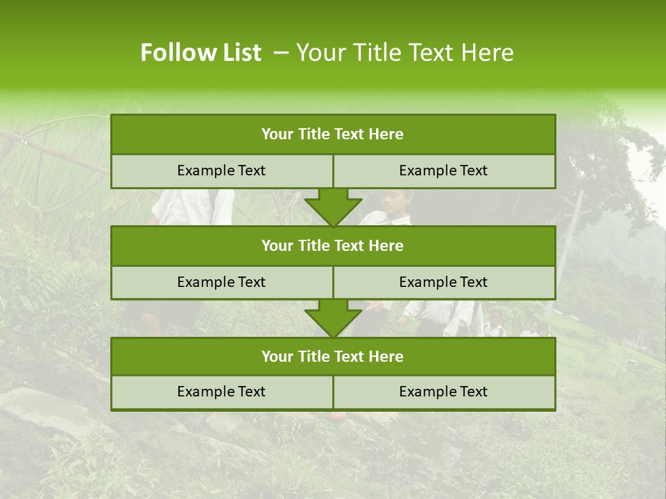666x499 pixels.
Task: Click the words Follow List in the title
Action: coord(200,53)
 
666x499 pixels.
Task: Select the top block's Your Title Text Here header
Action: coord(332,134)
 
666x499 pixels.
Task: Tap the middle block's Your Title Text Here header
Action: coord(332,245)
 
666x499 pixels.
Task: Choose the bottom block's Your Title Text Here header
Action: coord(332,356)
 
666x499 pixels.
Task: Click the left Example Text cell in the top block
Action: coord(221,170)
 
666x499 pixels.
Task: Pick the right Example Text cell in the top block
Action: coord(443,170)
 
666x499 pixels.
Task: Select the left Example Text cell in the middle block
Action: coord(221,282)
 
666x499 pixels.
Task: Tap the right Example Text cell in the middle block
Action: coord(443,282)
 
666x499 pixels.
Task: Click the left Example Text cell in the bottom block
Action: coord(221,392)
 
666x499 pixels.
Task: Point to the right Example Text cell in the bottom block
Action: coord(443,392)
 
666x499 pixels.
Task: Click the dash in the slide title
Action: coord(281,53)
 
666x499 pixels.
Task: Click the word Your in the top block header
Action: coord(277,134)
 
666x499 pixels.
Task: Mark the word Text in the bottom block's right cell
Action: coord(473,392)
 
